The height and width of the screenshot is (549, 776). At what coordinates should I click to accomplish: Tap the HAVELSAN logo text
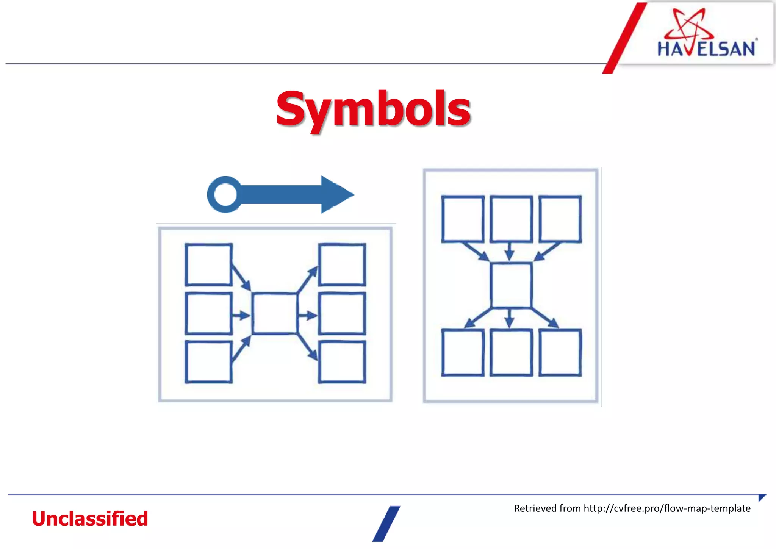(706, 49)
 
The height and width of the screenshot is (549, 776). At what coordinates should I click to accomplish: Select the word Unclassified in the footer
(90, 518)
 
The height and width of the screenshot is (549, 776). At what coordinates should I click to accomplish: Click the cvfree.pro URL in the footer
(667, 508)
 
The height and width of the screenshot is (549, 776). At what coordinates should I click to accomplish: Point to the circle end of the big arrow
(225, 194)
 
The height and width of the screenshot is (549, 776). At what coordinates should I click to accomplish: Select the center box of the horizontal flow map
(275, 313)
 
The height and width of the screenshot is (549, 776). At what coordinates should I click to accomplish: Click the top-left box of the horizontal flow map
(208, 264)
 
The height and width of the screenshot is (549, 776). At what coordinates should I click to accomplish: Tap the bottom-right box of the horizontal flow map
(342, 361)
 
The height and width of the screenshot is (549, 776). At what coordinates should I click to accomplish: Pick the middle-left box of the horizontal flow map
(208, 313)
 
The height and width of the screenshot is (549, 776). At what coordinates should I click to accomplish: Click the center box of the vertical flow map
(511, 285)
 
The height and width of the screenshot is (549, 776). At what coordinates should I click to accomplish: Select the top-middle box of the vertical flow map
(511, 219)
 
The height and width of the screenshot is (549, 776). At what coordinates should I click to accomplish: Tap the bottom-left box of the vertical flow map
(463, 352)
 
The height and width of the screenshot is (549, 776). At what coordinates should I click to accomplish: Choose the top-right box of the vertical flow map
(560, 219)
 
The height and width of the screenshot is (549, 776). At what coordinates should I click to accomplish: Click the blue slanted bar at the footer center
(386, 524)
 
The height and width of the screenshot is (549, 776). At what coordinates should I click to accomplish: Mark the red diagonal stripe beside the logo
(624, 38)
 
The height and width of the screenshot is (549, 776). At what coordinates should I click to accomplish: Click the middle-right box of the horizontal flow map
(342, 313)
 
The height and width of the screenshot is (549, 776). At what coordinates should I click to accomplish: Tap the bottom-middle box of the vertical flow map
(511, 352)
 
